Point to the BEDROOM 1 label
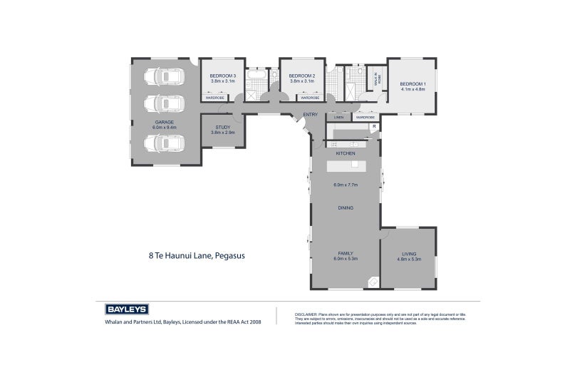tap(413, 83)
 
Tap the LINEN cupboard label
tap(338, 117)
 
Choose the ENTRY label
tap(310, 115)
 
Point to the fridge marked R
tap(373, 127)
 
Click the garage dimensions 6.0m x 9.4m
tap(165, 127)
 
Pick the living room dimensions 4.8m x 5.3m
tap(409, 259)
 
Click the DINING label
tap(346, 207)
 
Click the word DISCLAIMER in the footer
tap(305, 313)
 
